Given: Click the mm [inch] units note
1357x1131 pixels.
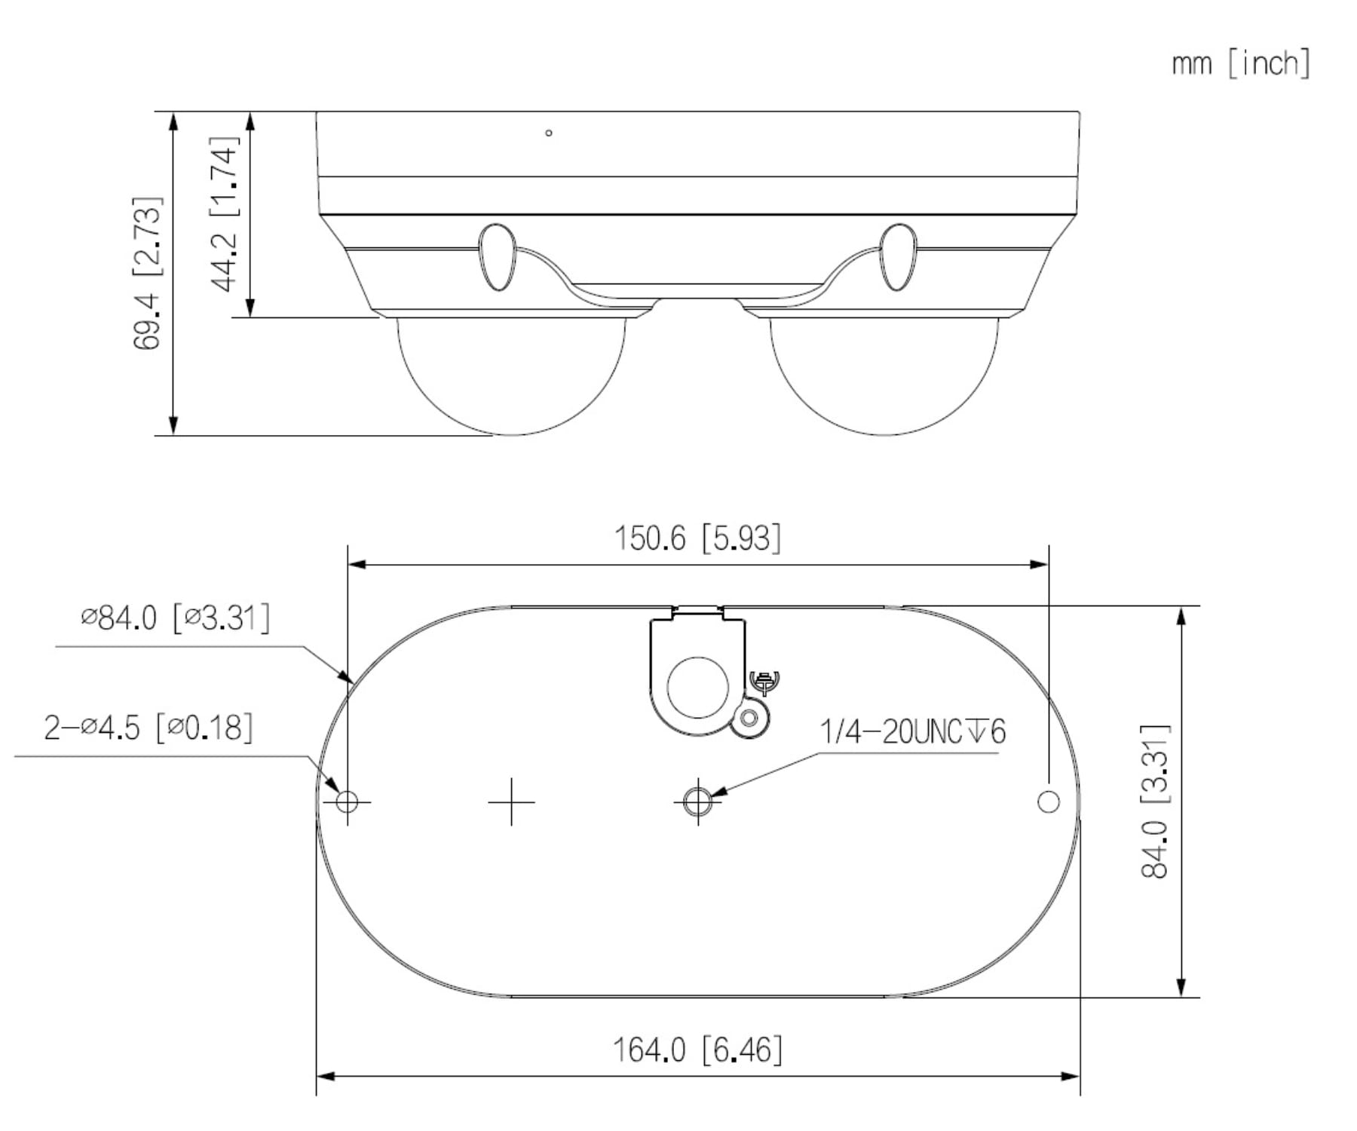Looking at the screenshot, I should coord(1240,63).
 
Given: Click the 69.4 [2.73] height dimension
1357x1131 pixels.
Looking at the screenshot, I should coord(147,273).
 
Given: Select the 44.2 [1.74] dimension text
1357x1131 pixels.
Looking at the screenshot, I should coord(224,213).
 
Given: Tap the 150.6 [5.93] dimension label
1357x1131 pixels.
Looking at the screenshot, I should coord(697,538).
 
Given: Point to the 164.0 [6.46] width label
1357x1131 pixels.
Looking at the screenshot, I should coord(697,1049).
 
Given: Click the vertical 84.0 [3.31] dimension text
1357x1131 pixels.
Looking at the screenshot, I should coord(1154,801).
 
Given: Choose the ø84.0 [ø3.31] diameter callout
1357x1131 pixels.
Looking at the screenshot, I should coord(175,618).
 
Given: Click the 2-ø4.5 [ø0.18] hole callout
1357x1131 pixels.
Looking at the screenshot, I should coord(149,728).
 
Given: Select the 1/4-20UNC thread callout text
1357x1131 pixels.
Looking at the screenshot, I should coord(912,731).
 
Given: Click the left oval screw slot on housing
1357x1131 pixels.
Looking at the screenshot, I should coord(498,257).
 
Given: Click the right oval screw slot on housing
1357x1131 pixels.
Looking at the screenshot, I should coord(898,257).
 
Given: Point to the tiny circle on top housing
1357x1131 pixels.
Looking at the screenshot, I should coord(549,133).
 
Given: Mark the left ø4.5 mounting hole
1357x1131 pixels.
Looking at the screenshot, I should coord(347,801).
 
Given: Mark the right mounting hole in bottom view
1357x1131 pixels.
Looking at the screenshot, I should coord(1049,801).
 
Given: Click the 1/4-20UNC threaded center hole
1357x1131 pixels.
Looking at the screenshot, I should coord(697,801).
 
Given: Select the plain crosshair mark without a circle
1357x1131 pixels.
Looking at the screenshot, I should coord(511,802).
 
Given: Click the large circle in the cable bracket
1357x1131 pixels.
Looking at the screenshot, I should coord(697,686).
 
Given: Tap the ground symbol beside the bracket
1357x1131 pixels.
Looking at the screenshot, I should coord(766,680).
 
